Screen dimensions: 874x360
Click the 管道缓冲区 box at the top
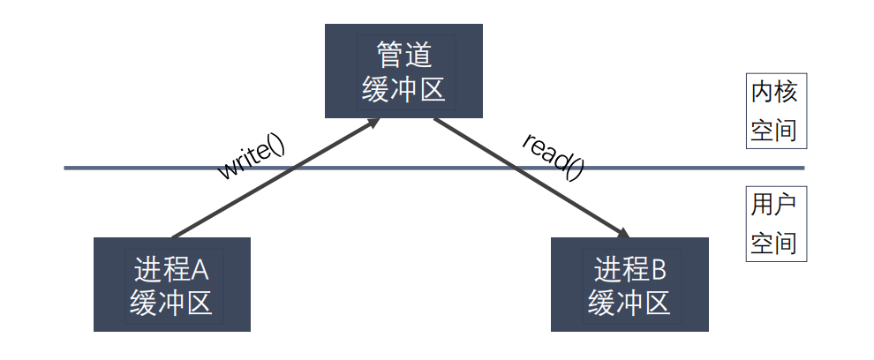[x=403, y=71]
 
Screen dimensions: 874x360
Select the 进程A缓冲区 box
[x=171, y=284]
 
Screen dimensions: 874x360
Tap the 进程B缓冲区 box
[x=629, y=284]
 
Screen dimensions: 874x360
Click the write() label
[x=252, y=158]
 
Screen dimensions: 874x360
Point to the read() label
[x=553, y=156]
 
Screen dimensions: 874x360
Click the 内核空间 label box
[x=777, y=111]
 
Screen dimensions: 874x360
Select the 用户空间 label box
[x=777, y=223]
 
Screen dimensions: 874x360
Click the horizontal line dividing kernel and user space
[x=434, y=168]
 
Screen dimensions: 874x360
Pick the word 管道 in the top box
[x=403, y=54]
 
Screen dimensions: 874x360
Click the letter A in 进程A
[x=199, y=270]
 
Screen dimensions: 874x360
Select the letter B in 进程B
[x=659, y=270]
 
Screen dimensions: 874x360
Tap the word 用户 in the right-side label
[x=773, y=205]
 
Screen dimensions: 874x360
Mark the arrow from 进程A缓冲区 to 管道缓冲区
[x=276, y=177]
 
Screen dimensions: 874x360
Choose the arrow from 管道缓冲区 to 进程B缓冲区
[x=531, y=177]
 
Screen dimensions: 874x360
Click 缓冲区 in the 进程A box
[x=171, y=304]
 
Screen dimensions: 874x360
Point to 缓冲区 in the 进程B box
[x=629, y=304]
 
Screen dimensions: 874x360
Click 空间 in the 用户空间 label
[x=773, y=243]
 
